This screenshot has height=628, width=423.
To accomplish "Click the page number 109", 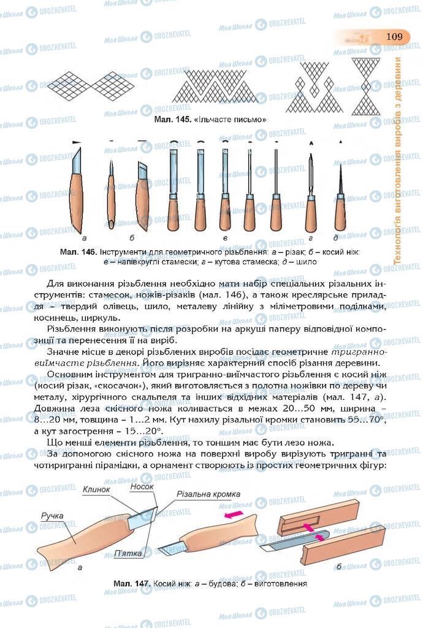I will tap(394, 37).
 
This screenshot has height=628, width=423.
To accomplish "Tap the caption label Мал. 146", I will tap(78, 252).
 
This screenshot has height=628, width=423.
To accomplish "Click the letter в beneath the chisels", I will tap(226, 237).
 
